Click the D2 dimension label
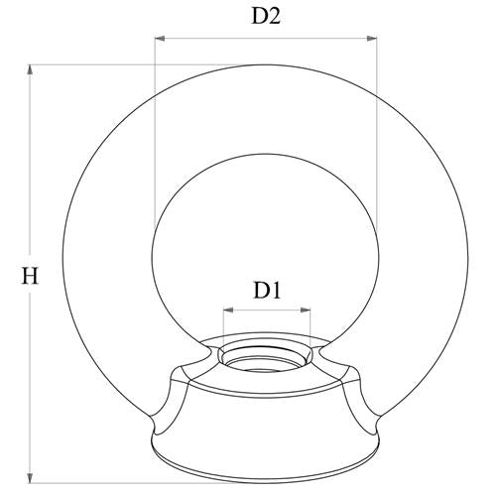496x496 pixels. tap(266, 16)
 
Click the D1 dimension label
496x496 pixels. tap(267, 291)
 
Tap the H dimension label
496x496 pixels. tap(30, 276)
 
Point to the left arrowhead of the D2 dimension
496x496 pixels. tap(160, 39)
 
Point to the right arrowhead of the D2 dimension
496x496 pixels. tap(372, 39)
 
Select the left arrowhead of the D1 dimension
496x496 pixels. tap(228, 310)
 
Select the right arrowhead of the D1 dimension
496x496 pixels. tap(306, 310)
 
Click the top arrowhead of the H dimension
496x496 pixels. tap(30, 70)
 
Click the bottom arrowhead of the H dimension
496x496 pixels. tap(30, 478)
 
